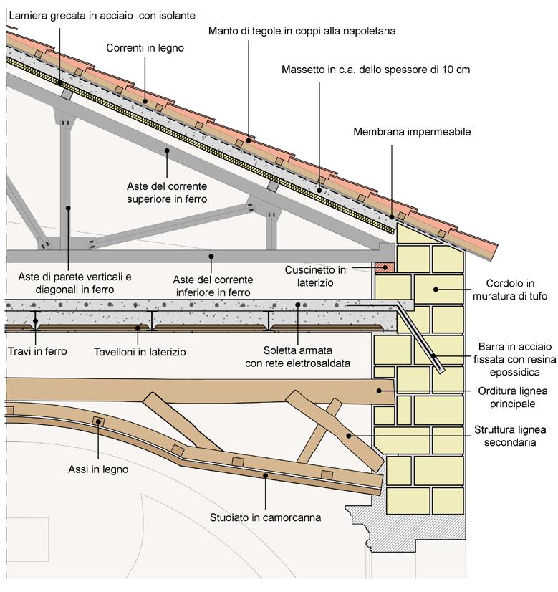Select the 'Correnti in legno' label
click(145, 48)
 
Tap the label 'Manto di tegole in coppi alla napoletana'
click(302, 31)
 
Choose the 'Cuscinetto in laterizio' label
click(315, 276)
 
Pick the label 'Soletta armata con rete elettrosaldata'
click(297, 358)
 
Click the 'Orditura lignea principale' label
click(511, 396)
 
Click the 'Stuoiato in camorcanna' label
click(265, 516)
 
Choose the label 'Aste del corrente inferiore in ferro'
click(212, 287)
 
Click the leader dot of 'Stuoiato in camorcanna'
click(265, 474)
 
